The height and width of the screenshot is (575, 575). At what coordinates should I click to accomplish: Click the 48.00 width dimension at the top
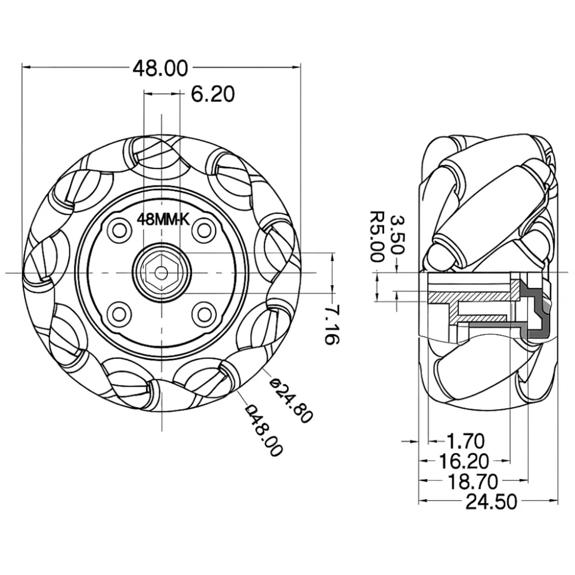coord(160,68)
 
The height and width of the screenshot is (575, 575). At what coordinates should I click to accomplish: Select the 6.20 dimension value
coord(213,94)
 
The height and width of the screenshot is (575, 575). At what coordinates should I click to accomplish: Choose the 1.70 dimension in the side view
coord(466,442)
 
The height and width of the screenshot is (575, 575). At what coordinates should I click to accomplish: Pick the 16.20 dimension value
coord(464,461)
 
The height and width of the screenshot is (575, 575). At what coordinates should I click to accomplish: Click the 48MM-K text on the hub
coord(163,219)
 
